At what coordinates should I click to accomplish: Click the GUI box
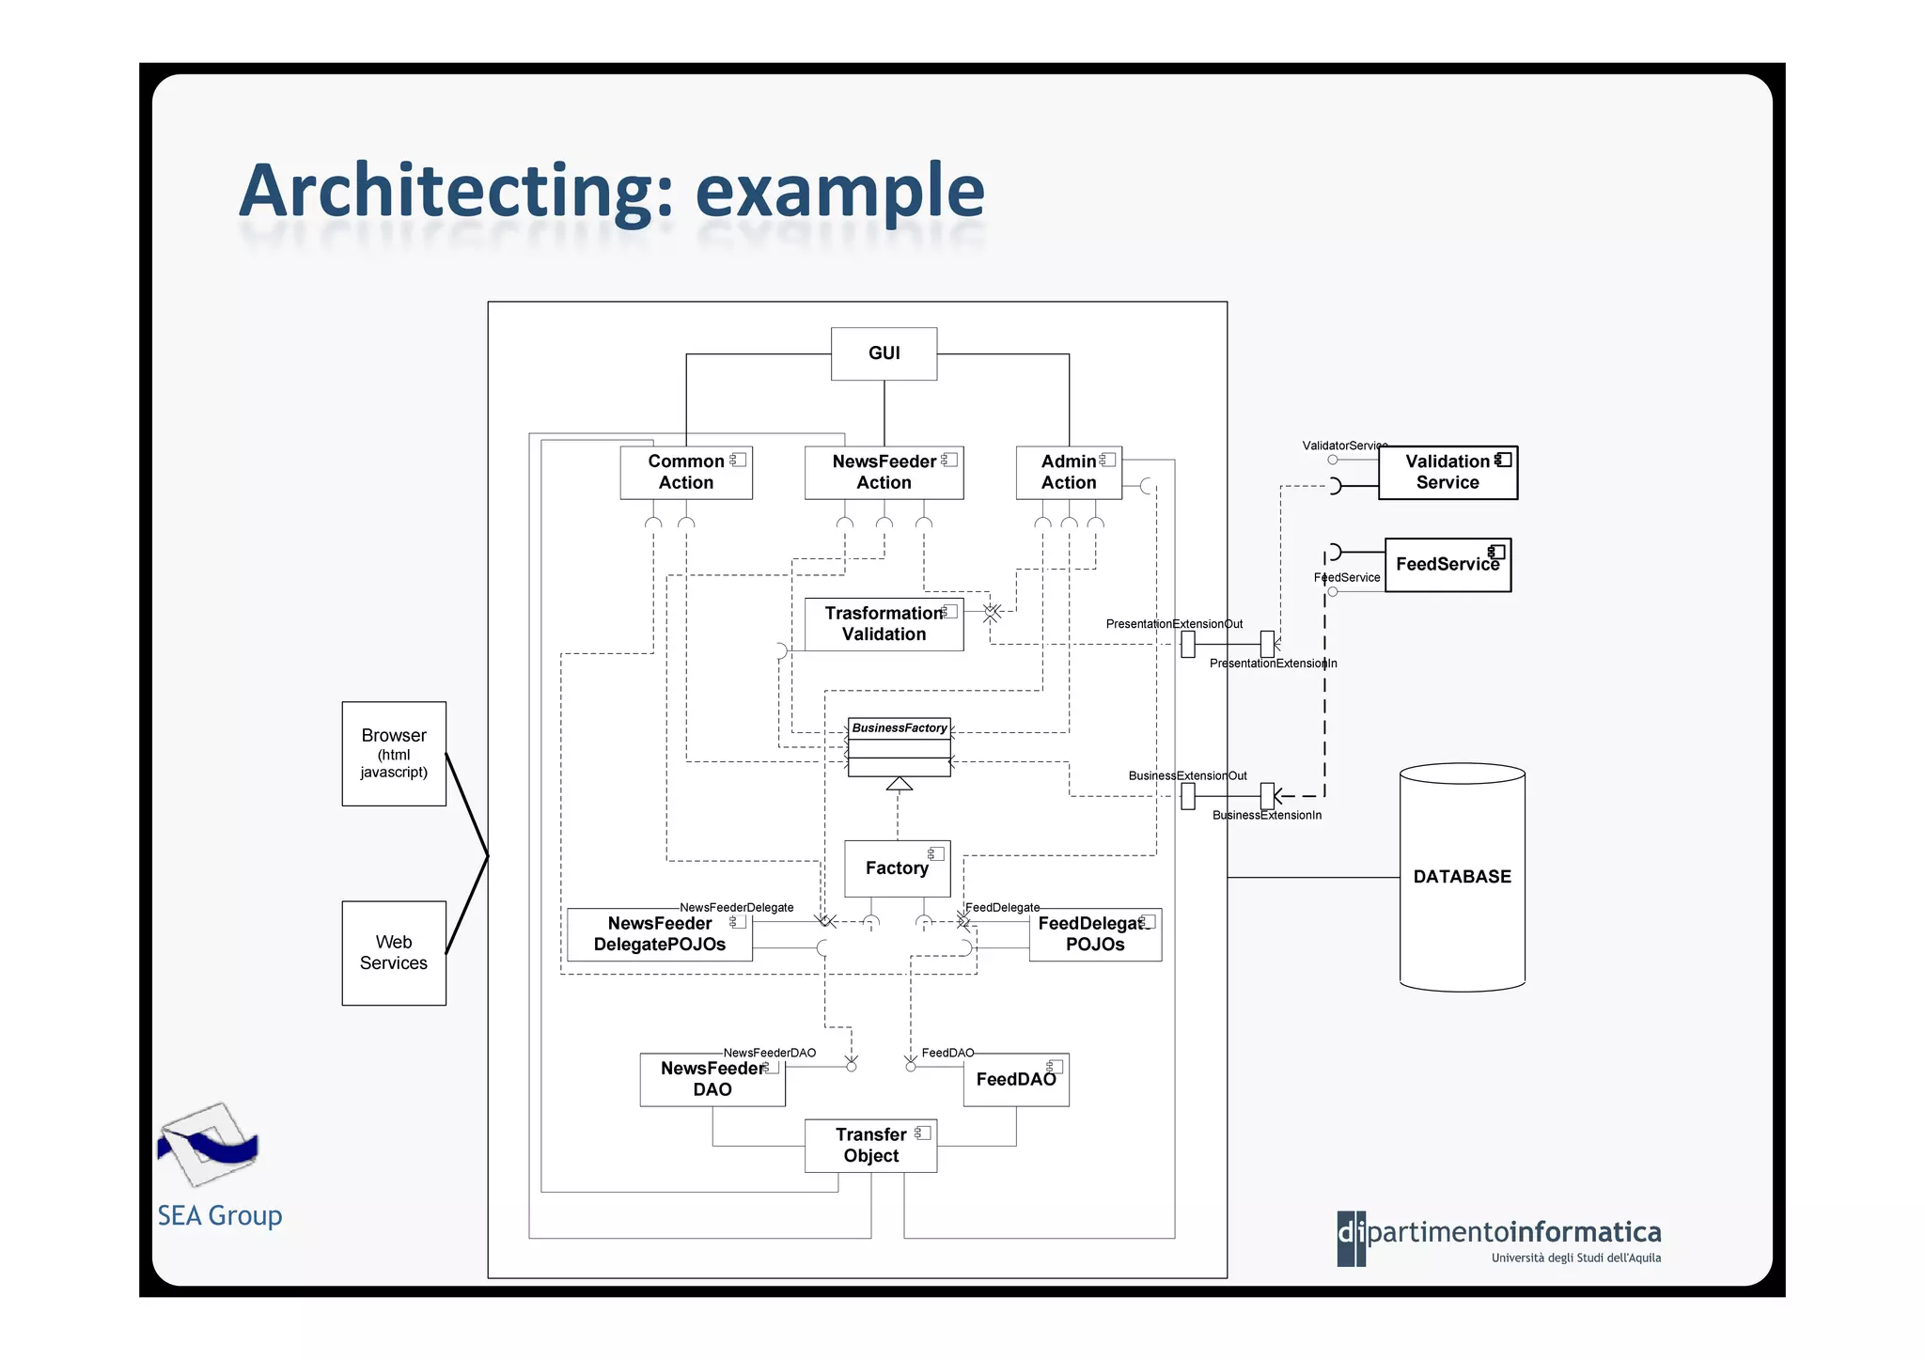pyautogui.click(x=884, y=353)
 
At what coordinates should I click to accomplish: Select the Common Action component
pyautogui.click(x=686, y=473)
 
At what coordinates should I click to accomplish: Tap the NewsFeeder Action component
pyautogui.click(x=884, y=473)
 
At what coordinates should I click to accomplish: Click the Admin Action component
pyautogui.click(x=1069, y=473)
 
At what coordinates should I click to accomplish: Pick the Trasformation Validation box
pyautogui.click(x=884, y=624)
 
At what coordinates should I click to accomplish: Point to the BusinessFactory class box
pyautogui.click(x=900, y=748)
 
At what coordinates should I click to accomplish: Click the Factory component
pyautogui.click(x=897, y=868)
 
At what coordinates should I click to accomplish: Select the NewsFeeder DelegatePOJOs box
pyautogui.click(x=660, y=934)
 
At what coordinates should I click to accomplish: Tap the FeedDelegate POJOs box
pyautogui.click(x=1095, y=934)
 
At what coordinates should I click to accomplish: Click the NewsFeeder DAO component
pyautogui.click(x=712, y=1079)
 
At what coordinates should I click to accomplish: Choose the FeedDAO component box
pyautogui.click(x=1016, y=1080)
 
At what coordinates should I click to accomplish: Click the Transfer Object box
pyautogui.click(x=871, y=1146)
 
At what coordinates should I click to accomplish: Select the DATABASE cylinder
pyautogui.click(x=1462, y=877)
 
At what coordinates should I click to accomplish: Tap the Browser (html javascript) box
pyautogui.click(x=394, y=753)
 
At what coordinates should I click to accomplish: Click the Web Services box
pyautogui.click(x=394, y=953)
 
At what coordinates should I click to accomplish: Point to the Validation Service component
pyautogui.click(x=1448, y=473)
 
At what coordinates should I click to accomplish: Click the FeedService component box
pyautogui.click(x=1448, y=565)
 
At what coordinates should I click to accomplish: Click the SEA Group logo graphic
pyautogui.click(x=208, y=1145)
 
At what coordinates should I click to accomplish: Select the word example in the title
pyautogui.click(x=838, y=192)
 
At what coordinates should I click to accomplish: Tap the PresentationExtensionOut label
pyautogui.click(x=1173, y=624)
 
